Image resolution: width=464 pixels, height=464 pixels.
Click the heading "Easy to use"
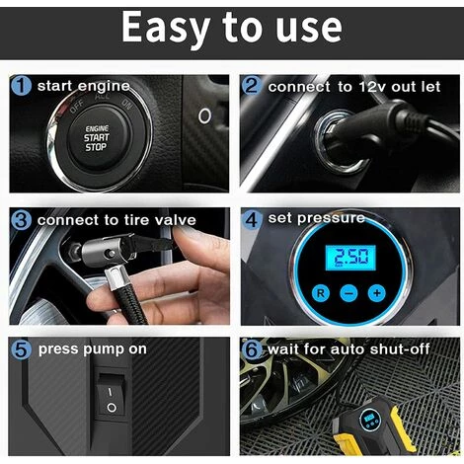tap(232, 30)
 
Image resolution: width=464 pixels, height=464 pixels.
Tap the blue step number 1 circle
tap(21, 87)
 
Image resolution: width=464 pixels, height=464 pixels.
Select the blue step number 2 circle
tap(251, 87)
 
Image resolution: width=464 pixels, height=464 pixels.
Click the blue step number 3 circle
tap(21, 219)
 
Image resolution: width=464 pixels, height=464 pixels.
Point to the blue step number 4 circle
tap(251, 219)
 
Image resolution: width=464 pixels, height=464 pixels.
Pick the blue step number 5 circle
tap(21, 349)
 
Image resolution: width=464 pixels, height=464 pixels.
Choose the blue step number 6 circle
tap(251, 349)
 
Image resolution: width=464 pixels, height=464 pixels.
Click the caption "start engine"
tap(83, 87)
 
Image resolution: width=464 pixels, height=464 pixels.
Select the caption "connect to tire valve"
tap(116, 219)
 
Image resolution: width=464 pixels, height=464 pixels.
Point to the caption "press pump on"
tap(91, 349)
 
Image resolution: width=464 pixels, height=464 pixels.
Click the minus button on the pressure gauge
tap(348, 294)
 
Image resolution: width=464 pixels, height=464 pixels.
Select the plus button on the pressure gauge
tap(376, 294)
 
